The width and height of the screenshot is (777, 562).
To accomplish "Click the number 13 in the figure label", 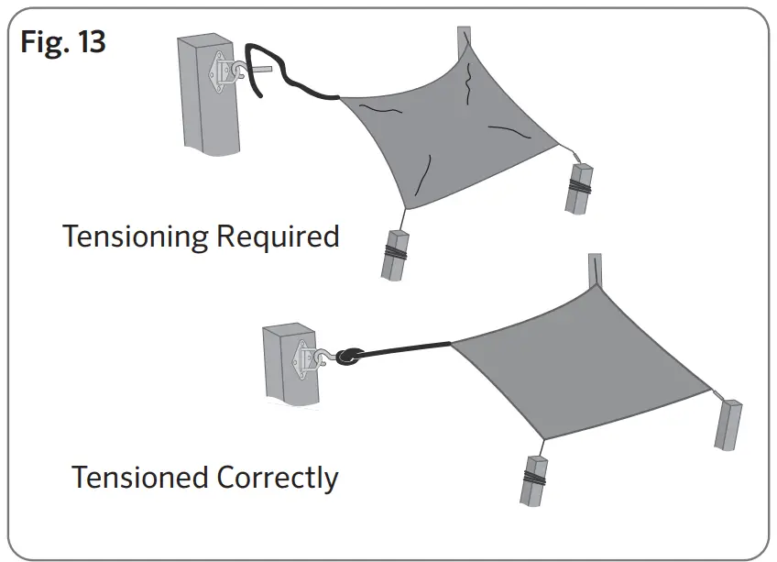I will click(92, 42).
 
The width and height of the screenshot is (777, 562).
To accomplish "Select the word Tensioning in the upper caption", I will click(136, 237).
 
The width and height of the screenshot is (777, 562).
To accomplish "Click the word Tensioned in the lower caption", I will click(141, 478).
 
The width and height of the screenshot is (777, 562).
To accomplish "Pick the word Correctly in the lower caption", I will click(279, 479).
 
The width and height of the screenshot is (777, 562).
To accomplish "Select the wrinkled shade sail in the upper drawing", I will click(449, 128).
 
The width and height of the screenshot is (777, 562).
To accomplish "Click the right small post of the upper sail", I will click(581, 187).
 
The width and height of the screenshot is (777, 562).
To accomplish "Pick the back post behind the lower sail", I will click(596, 268).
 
